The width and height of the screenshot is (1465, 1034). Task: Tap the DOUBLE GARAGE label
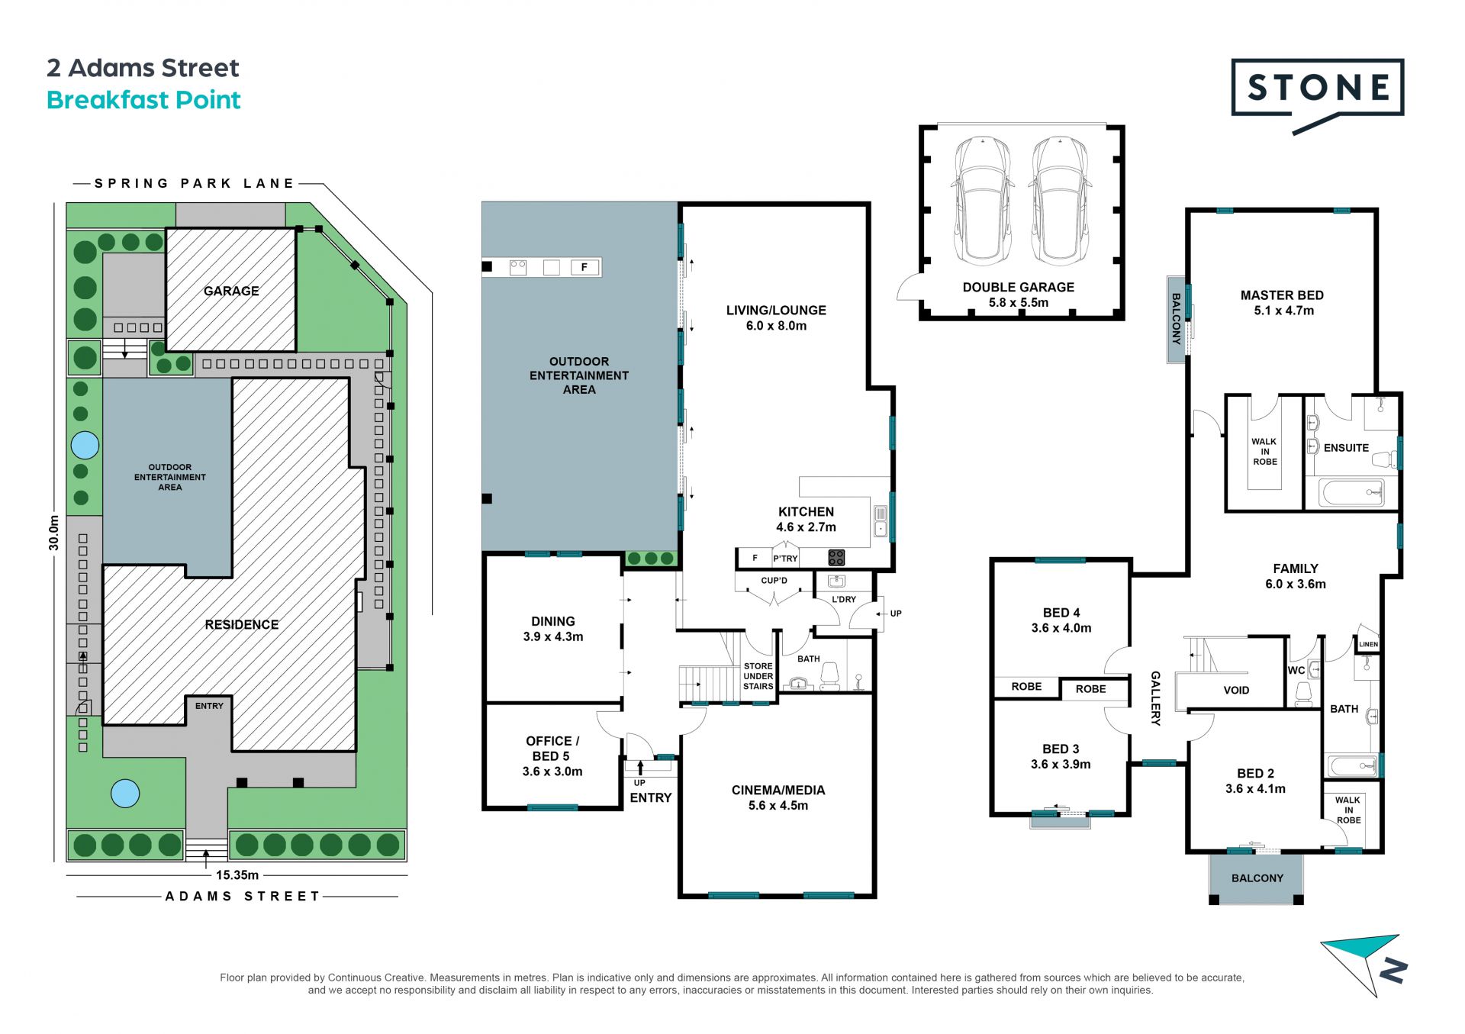point(1018,295)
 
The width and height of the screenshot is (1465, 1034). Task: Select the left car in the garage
point(983,200)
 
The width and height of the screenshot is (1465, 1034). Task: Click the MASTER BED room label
point(1282,303)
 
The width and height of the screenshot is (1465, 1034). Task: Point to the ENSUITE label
point(1346,448)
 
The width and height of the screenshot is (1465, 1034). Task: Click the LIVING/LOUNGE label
point(776,317)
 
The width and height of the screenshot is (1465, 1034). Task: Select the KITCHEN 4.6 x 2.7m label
point(806,519)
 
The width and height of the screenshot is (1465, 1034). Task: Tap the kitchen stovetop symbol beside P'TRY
point(836,557)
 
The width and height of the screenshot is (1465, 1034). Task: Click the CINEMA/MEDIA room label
point(778,797)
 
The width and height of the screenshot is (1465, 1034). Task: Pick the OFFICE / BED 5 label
point(552,756)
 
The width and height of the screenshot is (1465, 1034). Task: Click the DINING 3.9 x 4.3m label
point(553,629)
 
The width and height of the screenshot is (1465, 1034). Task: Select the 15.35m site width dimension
point(237,875)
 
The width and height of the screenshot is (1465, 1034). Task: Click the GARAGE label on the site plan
point(231,291)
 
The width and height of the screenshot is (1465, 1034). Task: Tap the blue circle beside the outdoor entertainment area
point(85,445)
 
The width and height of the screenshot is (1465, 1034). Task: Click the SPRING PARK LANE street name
point(195,183)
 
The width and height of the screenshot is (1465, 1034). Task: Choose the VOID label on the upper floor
point(1236,690)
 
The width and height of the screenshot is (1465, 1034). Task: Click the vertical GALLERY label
point(1155,697)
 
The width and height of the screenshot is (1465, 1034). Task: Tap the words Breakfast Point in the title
point(143,100)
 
